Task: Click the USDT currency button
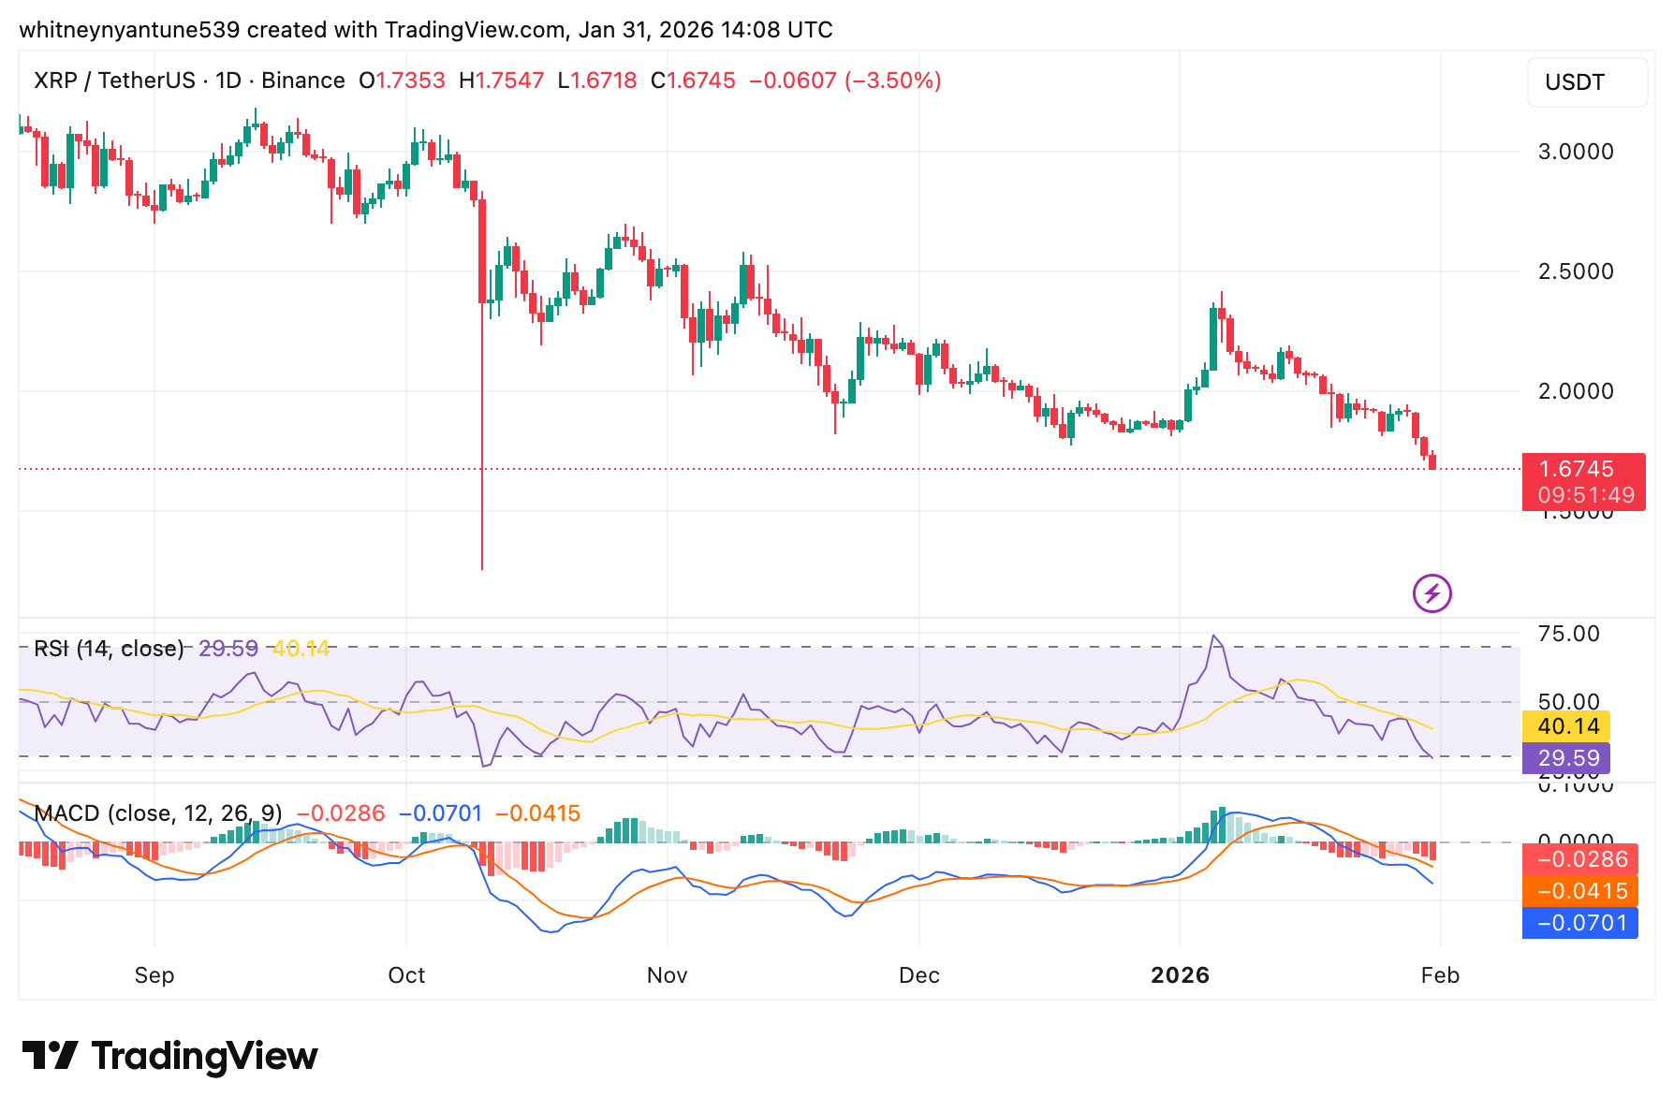1586,82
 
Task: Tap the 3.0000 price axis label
1576,152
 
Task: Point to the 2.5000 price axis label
1576,271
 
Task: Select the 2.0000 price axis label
1576,391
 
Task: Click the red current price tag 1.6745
1582,470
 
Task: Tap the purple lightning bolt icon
1432,593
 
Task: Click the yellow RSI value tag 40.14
1567,726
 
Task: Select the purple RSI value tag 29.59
1567,758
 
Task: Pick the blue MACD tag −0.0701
1580,923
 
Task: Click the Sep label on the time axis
154,975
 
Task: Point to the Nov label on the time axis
667,975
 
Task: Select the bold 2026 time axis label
1180,975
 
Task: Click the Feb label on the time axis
1440,975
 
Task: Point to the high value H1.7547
502,80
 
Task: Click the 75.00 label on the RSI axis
1568,634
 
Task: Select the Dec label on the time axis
918,975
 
